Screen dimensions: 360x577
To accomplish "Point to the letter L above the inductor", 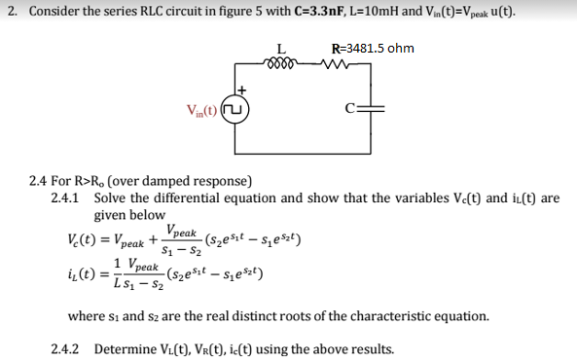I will point(281,49).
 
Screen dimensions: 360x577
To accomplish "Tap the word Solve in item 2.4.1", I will point(112,198).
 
